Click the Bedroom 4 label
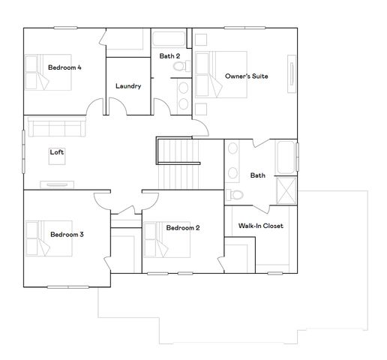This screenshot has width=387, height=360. [64, 67]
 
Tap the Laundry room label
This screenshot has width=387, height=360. [128, 85]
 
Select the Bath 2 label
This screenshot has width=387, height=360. [169, 56]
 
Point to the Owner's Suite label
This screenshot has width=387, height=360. [247, 76]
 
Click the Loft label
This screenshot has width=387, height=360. [57, 152]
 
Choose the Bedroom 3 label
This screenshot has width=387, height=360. [67, 234]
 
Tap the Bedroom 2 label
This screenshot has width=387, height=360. [182, 228]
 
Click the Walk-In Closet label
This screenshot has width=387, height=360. [260, 226]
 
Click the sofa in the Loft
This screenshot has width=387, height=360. [55, 126]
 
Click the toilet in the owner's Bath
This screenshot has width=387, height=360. [237, 194]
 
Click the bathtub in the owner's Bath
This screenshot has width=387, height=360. [286, 157]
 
